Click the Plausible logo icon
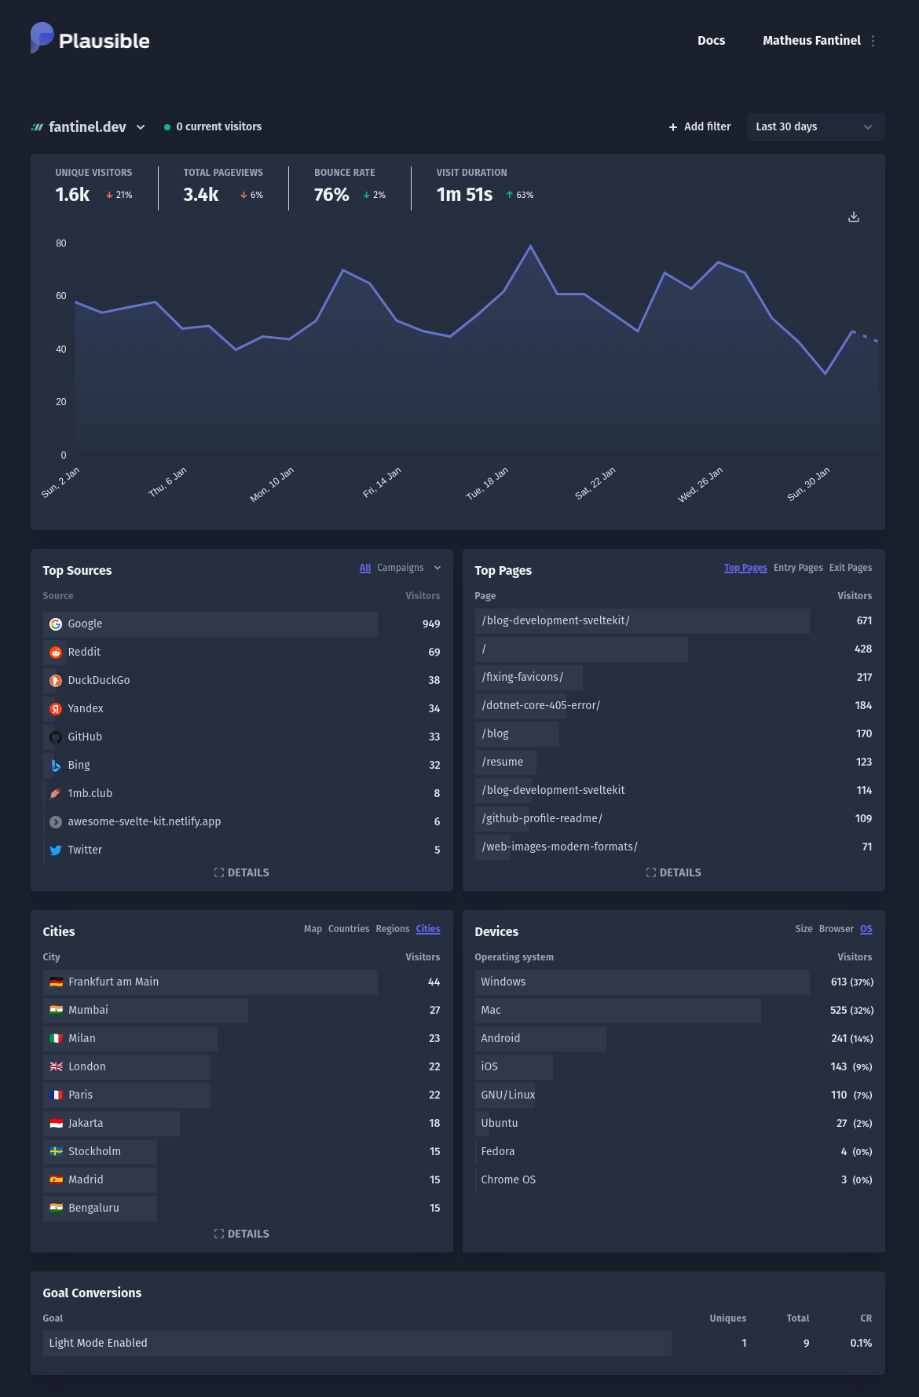[42, 38]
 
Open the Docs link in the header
[711, 41]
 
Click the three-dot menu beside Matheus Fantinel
[873, 41]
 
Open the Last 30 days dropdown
[815, 126]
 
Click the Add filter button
[700, 126]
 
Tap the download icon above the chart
[854, 217]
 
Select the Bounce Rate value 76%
[331, 195]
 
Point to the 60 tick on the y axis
[61, 296]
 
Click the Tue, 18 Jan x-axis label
[487, 484]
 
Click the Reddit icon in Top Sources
[56, 653]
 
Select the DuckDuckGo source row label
[99, 680]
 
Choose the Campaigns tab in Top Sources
[401, 568]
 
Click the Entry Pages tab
[798, 568]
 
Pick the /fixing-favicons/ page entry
[522, 677]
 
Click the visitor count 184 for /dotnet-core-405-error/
[863, 705]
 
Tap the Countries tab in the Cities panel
[349, 929]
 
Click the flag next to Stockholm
[56, 1151]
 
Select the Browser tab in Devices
[836, 929]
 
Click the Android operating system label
[500, 1038]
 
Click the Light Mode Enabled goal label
[98, 1343]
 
